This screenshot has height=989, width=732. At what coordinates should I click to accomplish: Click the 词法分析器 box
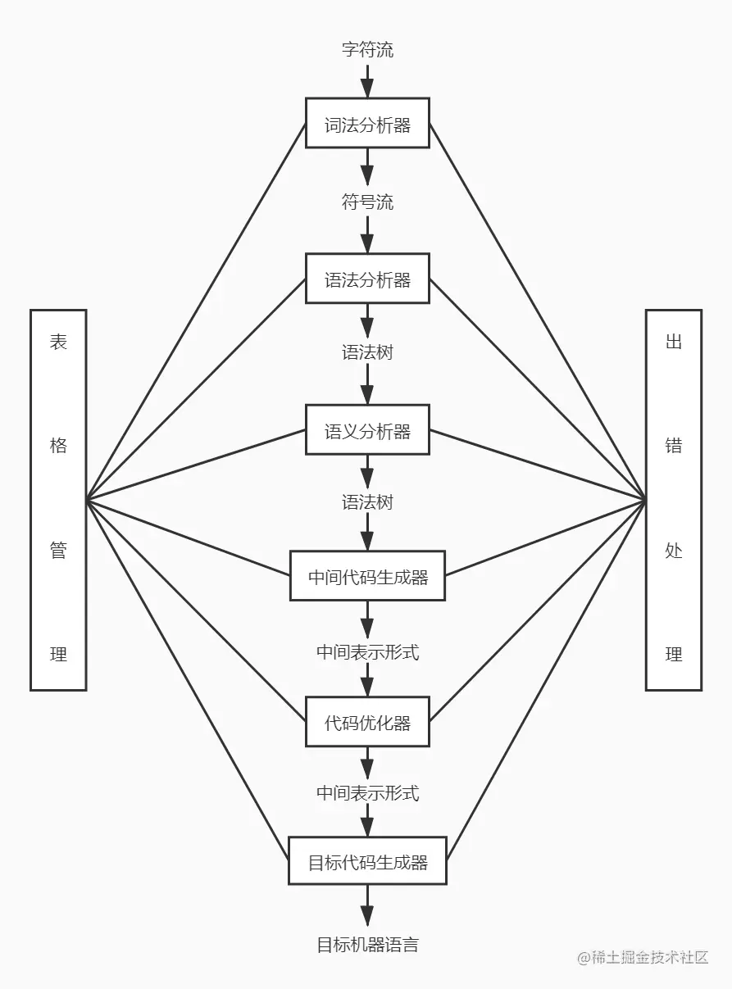pyautogui.click(x=367, y=124)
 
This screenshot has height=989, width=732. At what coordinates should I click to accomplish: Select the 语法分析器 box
pyautogui.click(x=367, y=279)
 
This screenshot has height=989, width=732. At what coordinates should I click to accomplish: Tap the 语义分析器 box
pyautogui.click(x=367, y=430)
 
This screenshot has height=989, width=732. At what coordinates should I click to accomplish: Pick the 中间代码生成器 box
pyautogui.click(x=367, y=576)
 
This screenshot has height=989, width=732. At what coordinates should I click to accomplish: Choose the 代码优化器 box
pyautogui.click(x=367, y=722)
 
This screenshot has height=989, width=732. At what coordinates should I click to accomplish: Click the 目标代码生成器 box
pyautogui.click(x=367, y=861)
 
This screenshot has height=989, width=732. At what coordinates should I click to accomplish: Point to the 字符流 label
pyautogui.click(x=367, y=50)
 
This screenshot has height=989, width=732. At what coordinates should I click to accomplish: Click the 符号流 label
pyautogui.click(x=367, y=202)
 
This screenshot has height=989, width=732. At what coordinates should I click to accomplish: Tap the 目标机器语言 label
pyautogui.click(x=367, y=944)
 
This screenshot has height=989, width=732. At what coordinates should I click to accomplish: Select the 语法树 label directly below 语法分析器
pyautogui.click(x=367, y=352)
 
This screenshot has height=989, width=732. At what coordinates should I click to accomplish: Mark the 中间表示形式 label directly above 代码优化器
pyautogui.click(x=367, y=652)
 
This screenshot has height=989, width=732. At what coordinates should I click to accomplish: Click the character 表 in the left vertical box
pyautogui.click(x=58, y=342)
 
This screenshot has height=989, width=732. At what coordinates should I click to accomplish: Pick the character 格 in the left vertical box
pyautogui.click(x=58, y=446)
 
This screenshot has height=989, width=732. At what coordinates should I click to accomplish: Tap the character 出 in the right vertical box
pyautogui.click(x=674, y=342)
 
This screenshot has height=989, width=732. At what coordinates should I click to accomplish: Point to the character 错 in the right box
pyautogui.click(x=674, y=446)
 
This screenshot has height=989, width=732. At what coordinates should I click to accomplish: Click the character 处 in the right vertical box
pyautogui.click(x=674, y=550)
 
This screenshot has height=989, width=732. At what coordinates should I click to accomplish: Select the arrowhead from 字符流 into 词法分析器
pyautogui.click(x=367, y=88)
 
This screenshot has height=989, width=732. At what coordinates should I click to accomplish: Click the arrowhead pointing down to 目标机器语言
pyautogui.click(x=367, y=915)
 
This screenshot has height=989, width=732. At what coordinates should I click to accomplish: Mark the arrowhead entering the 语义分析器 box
pyautogui.click(x=367, y=395)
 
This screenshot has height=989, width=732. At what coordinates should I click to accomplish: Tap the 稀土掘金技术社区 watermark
pyautogui.click(x=643, y=957)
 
